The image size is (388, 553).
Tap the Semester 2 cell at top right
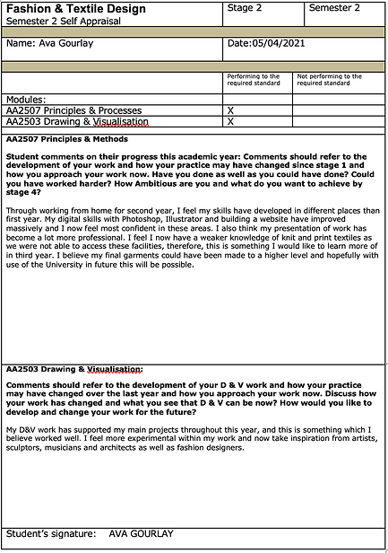point(334,8)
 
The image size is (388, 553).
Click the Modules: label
point(25,99)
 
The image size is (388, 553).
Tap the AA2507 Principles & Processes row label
point(73,110)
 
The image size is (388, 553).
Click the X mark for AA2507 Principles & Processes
point(231,110)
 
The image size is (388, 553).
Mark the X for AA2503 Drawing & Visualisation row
point(231,121)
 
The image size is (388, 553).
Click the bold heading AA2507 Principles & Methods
point(66,139)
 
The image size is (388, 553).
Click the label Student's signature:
point(50,534)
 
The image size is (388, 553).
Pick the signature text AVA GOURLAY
point(141,534)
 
